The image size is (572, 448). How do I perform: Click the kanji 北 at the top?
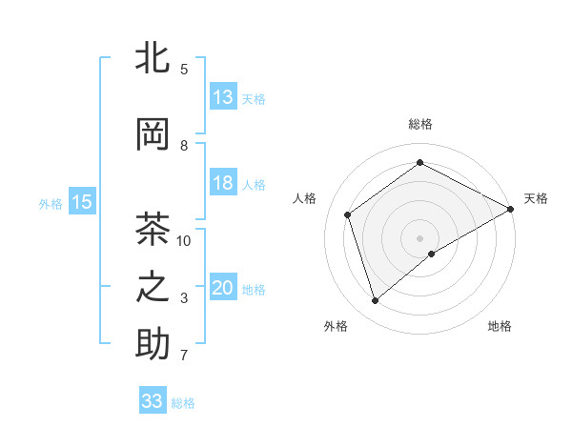(153, 58)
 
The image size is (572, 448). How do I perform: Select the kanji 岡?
(153, 135)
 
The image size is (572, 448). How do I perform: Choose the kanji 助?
(153, 344)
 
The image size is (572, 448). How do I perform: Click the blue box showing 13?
(223, 97)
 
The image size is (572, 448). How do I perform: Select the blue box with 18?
(223, 183)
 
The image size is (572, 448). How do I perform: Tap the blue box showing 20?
(223, 288)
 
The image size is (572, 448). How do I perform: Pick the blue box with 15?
(82, 201)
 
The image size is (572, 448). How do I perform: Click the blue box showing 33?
(153, 401)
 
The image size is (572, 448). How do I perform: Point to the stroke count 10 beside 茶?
(184, 240)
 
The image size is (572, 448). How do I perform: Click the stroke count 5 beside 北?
(184, 69)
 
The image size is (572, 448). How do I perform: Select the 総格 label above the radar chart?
(419, 124)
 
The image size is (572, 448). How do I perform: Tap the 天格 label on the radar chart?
(536, 198)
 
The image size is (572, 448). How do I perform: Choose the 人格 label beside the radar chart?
(305, 198)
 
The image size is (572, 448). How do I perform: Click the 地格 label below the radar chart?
(500, 326)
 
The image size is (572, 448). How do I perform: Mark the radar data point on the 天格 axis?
(512, 208)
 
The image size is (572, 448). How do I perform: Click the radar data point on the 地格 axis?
(432, 254)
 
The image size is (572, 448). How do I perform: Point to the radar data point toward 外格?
(376, 301)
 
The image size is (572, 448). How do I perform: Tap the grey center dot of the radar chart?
(419, 236)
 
